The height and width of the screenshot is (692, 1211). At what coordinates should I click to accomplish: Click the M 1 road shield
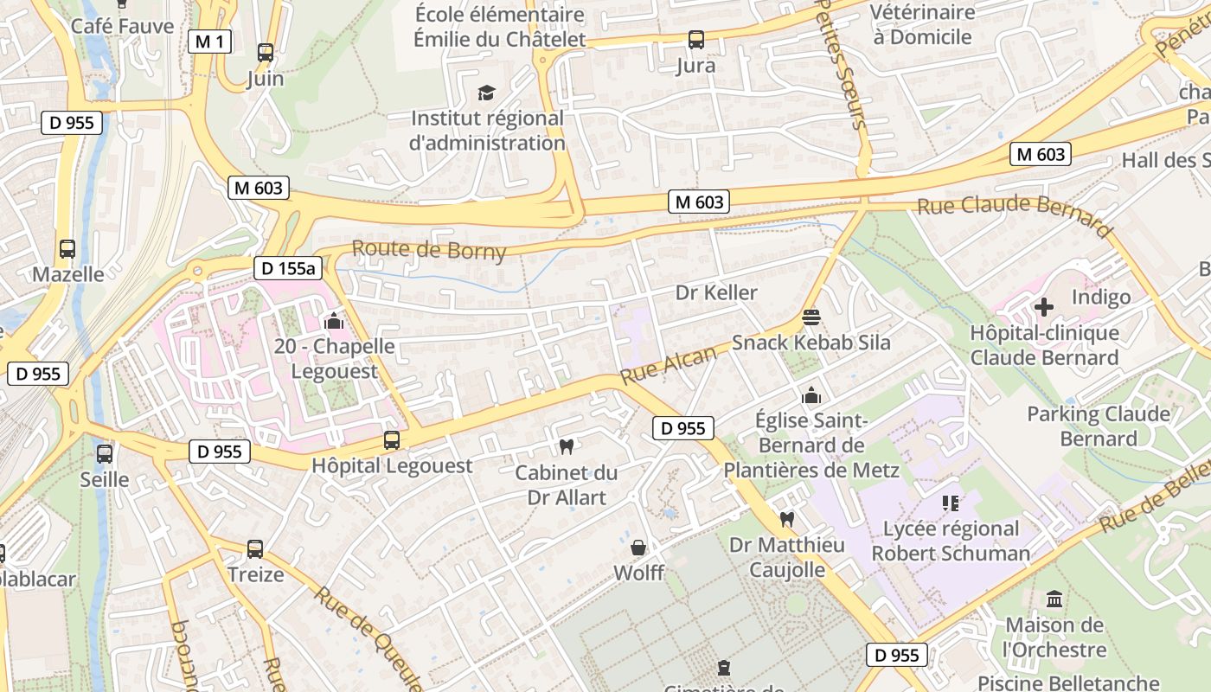(210, 42)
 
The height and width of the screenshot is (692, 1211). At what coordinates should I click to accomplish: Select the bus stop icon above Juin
(266, 53)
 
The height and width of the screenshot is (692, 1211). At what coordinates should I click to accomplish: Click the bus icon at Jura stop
(696, 40)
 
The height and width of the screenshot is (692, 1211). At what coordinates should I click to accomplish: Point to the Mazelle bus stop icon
(67, 249)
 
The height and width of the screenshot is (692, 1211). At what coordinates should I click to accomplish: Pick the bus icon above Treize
(255, 549)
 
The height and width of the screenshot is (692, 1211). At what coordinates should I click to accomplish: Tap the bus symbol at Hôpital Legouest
(392, 440)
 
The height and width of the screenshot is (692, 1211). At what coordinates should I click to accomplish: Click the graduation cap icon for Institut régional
(487, 93)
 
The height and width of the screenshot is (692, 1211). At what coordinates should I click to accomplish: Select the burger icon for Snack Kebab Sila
(811, 317)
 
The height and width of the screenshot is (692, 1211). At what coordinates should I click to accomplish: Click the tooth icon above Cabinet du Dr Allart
(567, 447)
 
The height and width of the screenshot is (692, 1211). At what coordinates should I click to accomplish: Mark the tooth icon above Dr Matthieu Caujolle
(786, 519)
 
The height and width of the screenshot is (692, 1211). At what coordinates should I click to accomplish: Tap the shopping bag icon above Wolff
(638, 548)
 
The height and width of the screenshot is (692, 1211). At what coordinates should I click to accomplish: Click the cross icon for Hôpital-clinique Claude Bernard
(1044, 307)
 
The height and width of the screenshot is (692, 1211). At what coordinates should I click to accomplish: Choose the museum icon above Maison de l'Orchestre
(1054, 599)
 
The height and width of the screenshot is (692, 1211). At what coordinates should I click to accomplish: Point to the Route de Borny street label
(429, 250)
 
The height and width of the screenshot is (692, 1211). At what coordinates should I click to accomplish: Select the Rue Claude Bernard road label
(1014, 214)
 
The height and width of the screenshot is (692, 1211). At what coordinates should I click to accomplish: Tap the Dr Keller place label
(716, 293)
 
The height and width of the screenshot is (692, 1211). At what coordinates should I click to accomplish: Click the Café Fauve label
(123, 26)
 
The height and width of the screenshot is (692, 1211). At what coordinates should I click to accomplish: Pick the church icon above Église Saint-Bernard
(811, 395)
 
